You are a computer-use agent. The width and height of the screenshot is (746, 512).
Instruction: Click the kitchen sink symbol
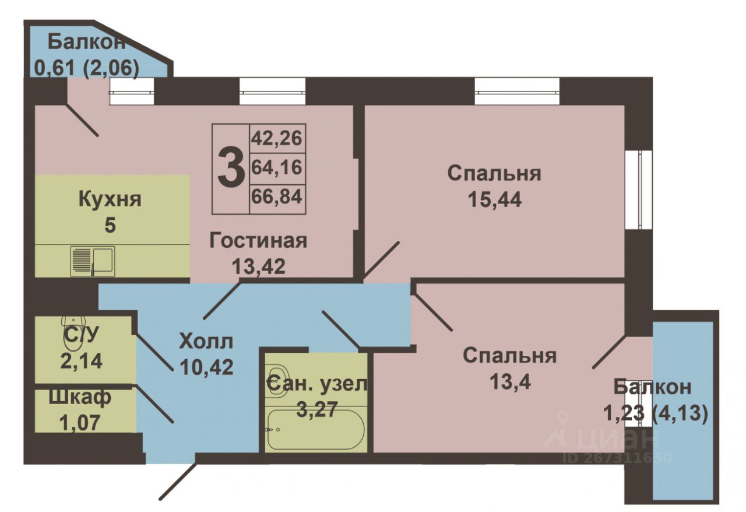[x=93, y=261]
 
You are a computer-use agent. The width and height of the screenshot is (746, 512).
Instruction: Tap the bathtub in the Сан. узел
[x=316, y=430]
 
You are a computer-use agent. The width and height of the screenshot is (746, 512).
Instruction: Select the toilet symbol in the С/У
[x=73, y=324]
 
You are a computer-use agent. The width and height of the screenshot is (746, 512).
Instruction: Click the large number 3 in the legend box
[x=231, y=169]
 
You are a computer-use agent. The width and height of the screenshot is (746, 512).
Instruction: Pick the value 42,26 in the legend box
[x=276, y=138]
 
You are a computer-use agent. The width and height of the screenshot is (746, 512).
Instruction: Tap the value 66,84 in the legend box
[x=276, y=196]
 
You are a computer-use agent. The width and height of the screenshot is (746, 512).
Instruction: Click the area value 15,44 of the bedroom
[x=495, y=200]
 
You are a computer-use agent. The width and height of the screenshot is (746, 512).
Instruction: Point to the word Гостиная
[x=258, y=241]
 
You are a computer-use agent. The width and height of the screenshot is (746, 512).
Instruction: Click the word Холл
[x=206, y=342]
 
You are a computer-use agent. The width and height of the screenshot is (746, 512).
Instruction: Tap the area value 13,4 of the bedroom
[x=510, y=382]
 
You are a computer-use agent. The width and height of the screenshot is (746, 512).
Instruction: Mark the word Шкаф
[x=80, y=397]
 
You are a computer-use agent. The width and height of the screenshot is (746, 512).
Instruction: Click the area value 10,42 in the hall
[x=206, y=367]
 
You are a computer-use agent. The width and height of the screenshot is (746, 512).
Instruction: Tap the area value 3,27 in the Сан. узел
[x=317, y=409]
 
